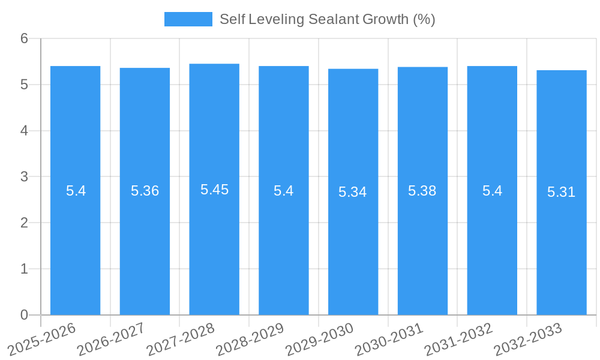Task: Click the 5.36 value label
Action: [x=145, y=191]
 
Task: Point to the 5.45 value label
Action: [x=214, y=190]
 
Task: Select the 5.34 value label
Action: [x=353, y=192]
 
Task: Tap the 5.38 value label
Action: [x=422, y=191]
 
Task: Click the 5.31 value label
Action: [x=562, y=192]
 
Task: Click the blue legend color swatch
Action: [x=188, y=19]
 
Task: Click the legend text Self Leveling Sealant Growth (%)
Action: [x=327, y=19]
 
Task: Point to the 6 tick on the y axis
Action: [x=25, y=38]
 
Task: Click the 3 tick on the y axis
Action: [x=25, y=177]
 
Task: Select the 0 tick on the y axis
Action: [x=25, y=315]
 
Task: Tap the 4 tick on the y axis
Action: [x=25, y=131]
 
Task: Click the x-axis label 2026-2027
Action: [x=111, y=339]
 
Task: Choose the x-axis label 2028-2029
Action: [x=250, y=339]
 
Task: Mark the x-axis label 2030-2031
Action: [x=389, y=339]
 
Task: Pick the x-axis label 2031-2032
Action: [x=458, y=339]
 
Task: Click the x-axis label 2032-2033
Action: [x=528, y=339]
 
